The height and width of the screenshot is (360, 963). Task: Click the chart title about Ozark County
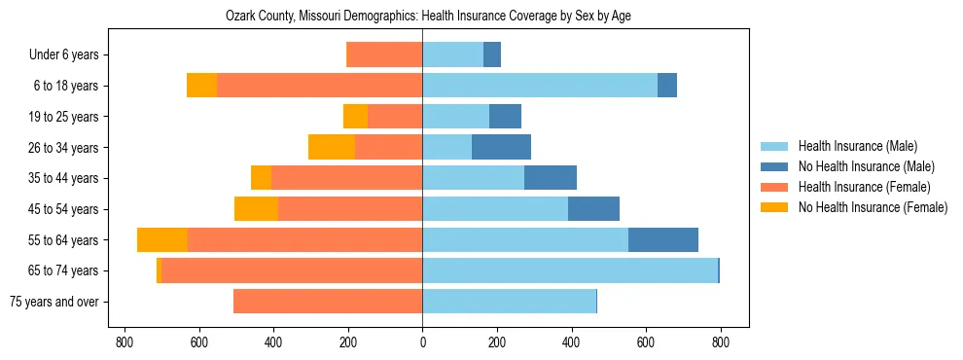click(x=421, y=17)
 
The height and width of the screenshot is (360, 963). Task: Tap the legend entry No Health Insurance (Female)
click(x=873, y=207)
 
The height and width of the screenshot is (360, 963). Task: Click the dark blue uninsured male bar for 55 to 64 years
click(x=663, y=240)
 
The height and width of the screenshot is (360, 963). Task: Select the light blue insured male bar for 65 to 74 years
click(x=569, y=270)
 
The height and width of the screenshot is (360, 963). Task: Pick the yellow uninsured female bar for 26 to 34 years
click(x=332, y=148)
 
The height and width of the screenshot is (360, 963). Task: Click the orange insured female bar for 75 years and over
click(x=328, y=302)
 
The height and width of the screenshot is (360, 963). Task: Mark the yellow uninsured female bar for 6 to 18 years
click(x=201, y=86)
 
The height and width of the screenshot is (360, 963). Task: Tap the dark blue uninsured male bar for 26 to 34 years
click(x=501, y=148)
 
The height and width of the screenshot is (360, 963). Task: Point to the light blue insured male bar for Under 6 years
click(x=452, y=55)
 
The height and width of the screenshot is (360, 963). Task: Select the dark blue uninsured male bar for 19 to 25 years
click(x=505, y=117)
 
